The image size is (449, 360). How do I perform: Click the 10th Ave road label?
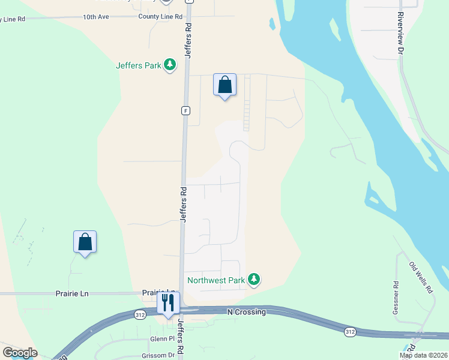tap(96, 17)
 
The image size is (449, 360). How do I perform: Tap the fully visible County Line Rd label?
tap(160, 17)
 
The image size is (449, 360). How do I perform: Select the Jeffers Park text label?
tap(139, 65)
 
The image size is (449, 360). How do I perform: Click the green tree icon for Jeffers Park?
tap(170, 64)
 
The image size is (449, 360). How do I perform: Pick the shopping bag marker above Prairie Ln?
tap(85, 242)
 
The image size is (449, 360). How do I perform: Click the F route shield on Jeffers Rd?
tap(185, 111)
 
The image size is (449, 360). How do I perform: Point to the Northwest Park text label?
tap(216, 280)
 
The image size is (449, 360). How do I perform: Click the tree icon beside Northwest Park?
tap(255, 279)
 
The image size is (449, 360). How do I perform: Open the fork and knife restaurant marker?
tap(168, 302)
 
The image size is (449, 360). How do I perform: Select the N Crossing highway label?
tap(246, 312)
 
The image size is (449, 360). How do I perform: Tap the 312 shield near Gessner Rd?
tap(349, 331)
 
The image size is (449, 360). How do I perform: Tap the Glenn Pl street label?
tap(161, 339)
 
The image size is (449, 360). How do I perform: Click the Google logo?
tap(20, 353)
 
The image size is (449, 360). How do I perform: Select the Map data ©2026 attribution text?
tap(423, 355)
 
